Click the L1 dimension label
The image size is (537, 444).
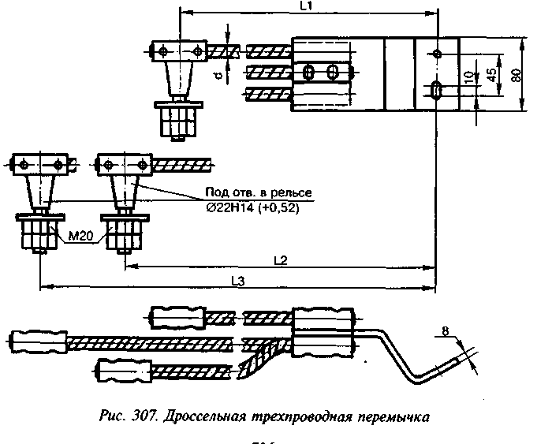(x=308, y=6)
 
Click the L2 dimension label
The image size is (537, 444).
(x=278, y=259)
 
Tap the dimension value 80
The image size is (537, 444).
(x=516, y=74)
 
